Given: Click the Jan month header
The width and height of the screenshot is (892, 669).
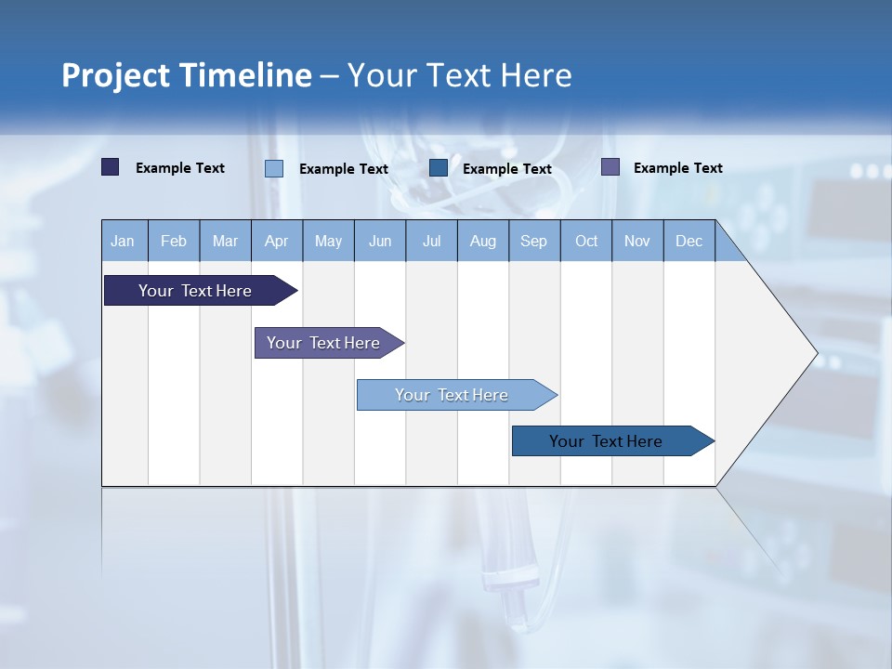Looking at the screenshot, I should click(124, 241).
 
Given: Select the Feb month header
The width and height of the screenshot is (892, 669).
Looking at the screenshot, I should click(174, 241).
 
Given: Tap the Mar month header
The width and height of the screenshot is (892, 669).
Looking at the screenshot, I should click(225, 241).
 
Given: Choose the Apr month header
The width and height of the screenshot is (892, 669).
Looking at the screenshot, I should click(277, 241).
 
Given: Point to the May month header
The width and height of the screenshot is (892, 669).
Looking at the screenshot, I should click(328, 241).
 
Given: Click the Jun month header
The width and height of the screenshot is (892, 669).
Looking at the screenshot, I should click(380, 241).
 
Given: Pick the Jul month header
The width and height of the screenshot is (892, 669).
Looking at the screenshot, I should click(431, 241).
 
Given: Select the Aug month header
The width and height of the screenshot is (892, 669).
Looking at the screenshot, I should click(483, 241).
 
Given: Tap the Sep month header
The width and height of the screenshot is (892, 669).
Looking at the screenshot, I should click(534, 241).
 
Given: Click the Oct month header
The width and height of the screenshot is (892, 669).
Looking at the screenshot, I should click(586, 241).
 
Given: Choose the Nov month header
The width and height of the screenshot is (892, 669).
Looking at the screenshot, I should click(637, 241).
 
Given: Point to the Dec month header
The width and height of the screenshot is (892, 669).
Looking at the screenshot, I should click(689, 241).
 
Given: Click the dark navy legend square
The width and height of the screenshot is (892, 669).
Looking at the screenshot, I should click(111, 167).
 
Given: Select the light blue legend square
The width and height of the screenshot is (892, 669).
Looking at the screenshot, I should click(274, 168).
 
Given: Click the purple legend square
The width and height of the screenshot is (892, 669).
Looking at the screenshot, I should click(610, 167).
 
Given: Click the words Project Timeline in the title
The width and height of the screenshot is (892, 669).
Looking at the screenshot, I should click(187, 75).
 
